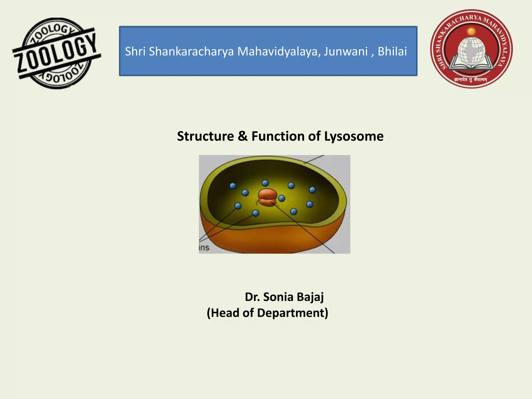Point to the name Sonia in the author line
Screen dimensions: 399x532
(278, 297)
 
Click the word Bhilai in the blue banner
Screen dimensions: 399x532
(392, 51)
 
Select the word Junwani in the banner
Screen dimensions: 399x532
(345, 51)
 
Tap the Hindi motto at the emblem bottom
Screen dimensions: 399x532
(471, 79)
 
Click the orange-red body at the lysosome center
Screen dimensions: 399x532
(267, 197)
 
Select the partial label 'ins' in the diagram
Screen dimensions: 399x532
(204, 248)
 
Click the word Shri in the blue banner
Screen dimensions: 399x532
(135, 51)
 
